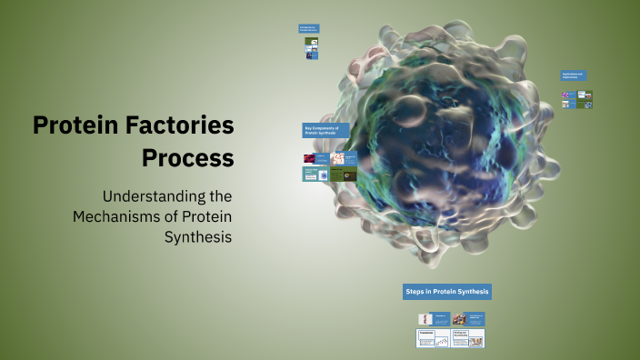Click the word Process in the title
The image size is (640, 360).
(x=187, y=157)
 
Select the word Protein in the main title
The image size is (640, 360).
(x=74, y=125)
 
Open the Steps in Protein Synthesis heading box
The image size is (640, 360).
(x=447, y=292)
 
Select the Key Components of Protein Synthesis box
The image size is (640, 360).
(x=325, y=131)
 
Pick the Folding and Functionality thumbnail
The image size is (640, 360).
(x=468, y=338)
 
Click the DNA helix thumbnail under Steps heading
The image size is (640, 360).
(x=425, y=319)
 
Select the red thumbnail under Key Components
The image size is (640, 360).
(x=309, y=158)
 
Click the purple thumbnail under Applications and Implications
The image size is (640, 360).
(x=567, y=94)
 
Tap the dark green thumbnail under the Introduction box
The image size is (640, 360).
(x=311, y=44)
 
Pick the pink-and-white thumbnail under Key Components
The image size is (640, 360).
(x=338, y=158)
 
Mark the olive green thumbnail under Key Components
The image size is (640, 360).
(x=337, y=174)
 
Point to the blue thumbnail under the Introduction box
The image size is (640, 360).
(x=311, y=55)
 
